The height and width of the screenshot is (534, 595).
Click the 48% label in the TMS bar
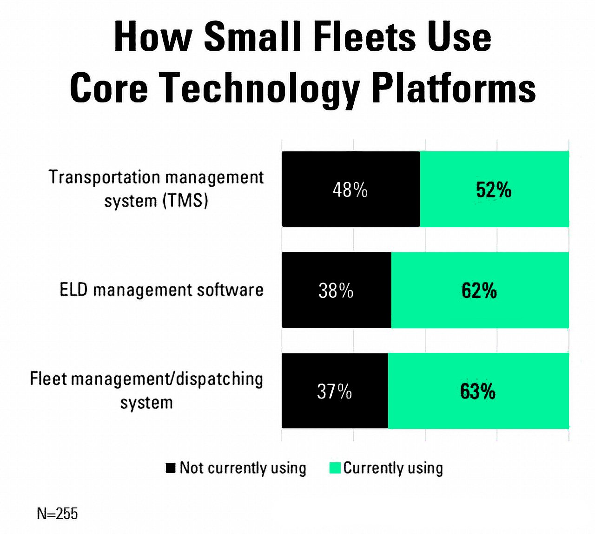coord(350,190)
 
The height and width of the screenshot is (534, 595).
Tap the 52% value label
coord(494,190)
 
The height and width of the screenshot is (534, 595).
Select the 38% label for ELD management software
coord(336,291)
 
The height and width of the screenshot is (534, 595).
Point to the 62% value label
coord(479,291)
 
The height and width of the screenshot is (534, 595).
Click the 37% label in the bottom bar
coord(334,391)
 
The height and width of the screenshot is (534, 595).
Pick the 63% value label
coord(477,391)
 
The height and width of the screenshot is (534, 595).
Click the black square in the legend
coord(171,468)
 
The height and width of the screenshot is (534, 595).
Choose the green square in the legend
coord(335,468)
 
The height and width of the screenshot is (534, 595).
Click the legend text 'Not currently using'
coord(243,468)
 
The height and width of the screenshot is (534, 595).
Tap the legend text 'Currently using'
coord(393,468)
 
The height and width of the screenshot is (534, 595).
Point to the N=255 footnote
coord(57,514)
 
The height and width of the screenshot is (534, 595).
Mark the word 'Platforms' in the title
coord(454,88)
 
